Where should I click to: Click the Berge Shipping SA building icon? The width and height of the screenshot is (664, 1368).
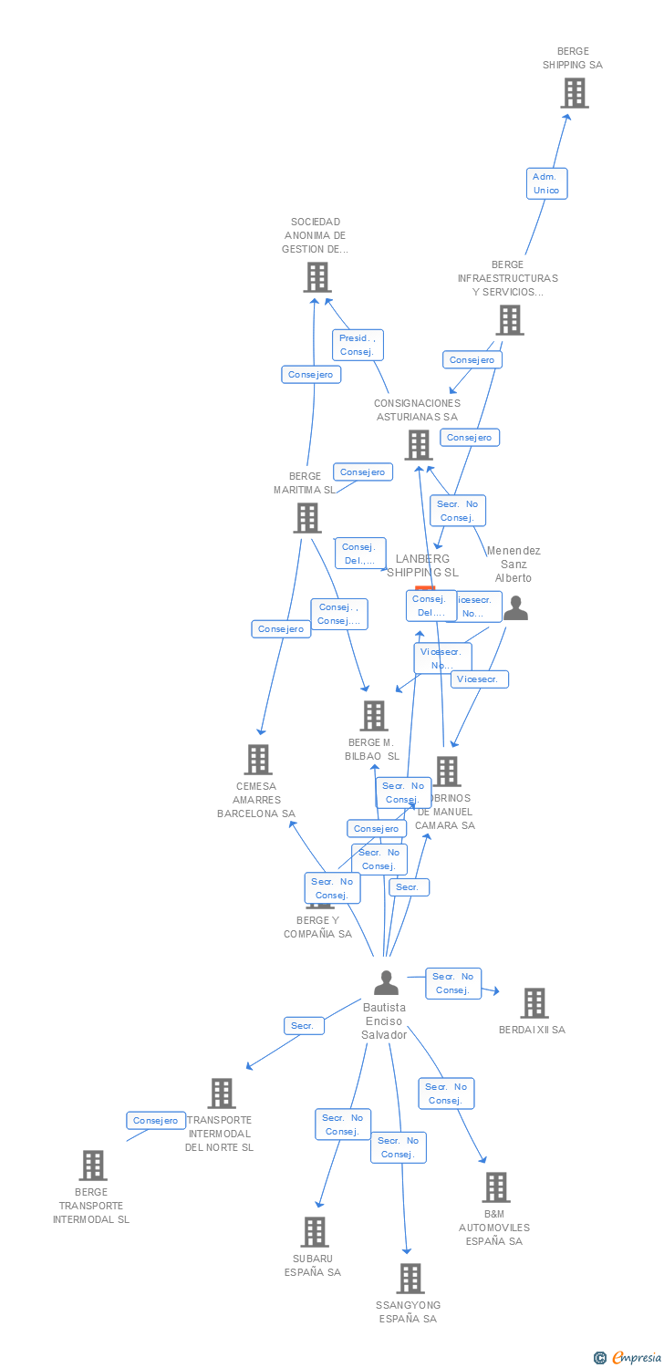pyautogui.click(x=574, y=93)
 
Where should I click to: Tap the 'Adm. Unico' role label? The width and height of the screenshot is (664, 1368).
pyautogui.click(x=546, y=183)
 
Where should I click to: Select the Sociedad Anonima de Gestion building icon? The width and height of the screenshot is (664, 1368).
pyautogui.click(x=316, y=276)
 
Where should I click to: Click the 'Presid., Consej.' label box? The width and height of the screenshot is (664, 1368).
pyautogui.click(x=358, y=345)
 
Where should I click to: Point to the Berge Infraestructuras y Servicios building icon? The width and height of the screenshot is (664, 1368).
pyautogui.click(x=510, y=320)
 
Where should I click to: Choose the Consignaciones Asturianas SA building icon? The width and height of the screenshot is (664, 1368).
pyautogui.click(x=419, y=445)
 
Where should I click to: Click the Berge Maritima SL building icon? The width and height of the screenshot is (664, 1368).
pyautogui.click(x=307, y=518)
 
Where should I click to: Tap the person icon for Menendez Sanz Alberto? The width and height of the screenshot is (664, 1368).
pyautogui.click(x=516, y=607)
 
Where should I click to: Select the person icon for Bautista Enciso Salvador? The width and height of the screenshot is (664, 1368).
pyautogui.click(x=386, y=983)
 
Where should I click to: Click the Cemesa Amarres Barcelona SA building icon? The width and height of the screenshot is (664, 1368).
pyautogui.click(x=258, y=759)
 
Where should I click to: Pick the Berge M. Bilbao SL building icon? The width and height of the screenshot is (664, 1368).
pyautogui.click(x=374, y=716)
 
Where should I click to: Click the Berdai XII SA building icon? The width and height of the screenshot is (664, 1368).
pyautogui.click(x=534, y=1003)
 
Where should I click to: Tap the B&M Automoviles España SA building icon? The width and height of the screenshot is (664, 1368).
pyautogui.click(x=496, y=1187)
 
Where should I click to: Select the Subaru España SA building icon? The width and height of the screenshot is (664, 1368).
pyautogui.click(x=315, y=1232)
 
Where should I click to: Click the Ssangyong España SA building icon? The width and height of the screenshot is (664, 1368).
pyautogui.click(x=410, y=1279)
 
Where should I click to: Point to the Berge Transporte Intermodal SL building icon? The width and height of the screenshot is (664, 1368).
pyautogui.click(x=92, y=1166)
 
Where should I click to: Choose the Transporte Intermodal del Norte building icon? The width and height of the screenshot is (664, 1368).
pyautogui.click(x=222, y=1093)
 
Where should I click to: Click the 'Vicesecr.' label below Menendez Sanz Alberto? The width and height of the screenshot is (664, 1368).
pyautogui.click(x=479, y=679)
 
